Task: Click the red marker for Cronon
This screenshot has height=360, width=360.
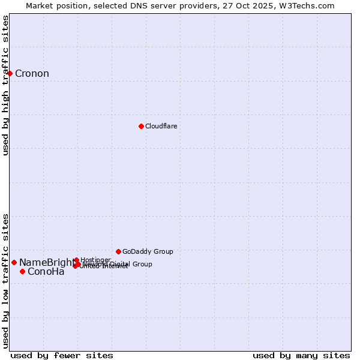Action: click(x=10, y=74)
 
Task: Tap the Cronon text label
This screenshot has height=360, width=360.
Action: click(x=32, y=74)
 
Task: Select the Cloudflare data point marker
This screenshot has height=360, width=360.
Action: click(x=141, y=126)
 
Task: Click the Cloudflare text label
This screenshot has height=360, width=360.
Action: click(x=161, y=126)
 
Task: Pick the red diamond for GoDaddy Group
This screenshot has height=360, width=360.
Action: click(x=118, y=251)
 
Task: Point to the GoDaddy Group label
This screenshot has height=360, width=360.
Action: click(x=148, y=251)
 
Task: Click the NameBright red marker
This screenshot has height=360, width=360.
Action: click(x=14, y=262)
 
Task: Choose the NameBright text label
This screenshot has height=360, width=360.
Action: click(x=47, y=262)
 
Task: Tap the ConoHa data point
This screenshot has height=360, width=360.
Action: click(x=22, y=271)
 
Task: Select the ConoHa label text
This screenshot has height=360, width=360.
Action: click(x=46, y=272)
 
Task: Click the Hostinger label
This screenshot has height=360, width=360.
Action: click(x=95, y=260)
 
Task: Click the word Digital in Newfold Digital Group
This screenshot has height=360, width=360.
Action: click(x=123, y=264)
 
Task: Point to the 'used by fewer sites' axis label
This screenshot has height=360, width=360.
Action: click(x=62, y=355)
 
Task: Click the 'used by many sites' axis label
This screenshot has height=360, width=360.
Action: click(x=301, y=355)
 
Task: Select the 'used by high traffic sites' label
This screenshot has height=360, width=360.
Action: click(x=6, y=85)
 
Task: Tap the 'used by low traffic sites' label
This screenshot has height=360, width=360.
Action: click(x=6, y=280)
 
